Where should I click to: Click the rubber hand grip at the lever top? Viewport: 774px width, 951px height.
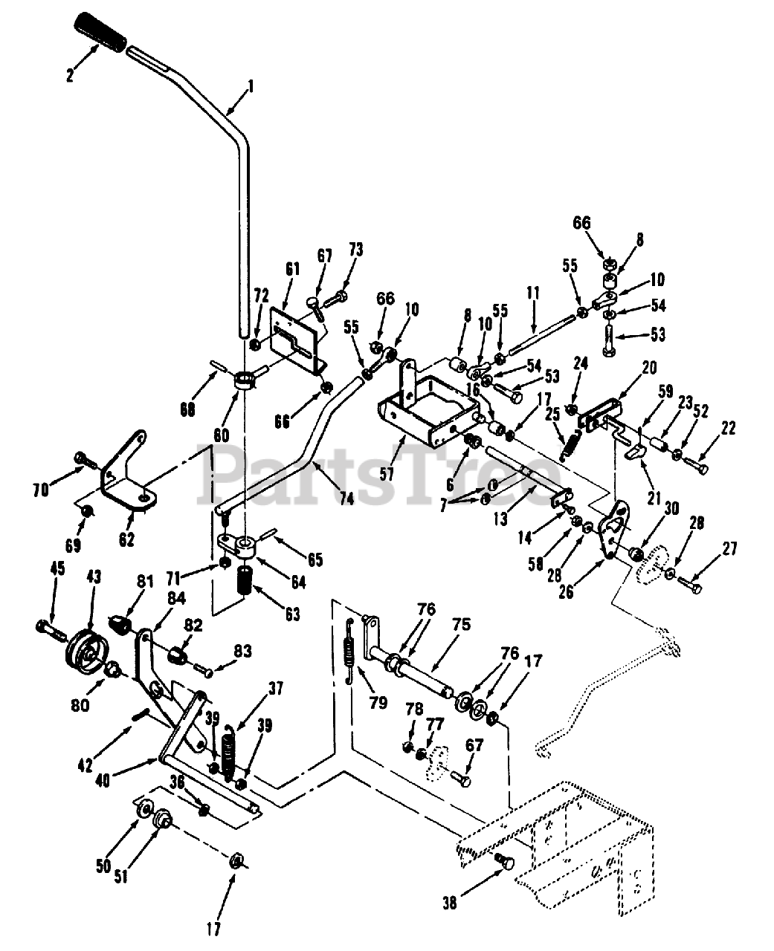(101, 32)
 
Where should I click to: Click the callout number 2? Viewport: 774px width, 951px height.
(69, 75)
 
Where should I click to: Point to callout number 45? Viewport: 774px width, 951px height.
(57, 568)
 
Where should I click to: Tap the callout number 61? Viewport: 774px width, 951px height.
(292, 269)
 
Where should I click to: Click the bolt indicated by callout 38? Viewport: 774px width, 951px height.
(506, 862)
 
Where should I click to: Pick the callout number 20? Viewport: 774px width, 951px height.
(649, 367)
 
